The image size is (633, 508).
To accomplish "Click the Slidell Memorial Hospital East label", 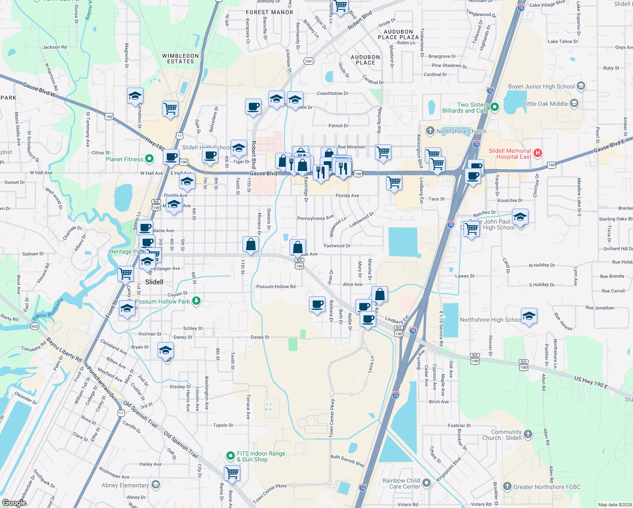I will click(510, 154).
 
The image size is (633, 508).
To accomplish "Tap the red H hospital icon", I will click(538, 153).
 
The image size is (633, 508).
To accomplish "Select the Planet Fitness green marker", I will click(149, 159).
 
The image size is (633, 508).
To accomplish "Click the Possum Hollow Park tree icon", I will click(196, 301).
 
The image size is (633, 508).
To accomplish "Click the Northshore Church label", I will click(461, 131).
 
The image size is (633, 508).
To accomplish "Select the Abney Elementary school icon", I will click(156, 485).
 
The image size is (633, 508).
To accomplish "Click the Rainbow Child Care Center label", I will click(401, 483).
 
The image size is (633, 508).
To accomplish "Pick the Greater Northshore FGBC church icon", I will click(508, 486).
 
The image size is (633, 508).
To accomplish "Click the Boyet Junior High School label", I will click(541, 86).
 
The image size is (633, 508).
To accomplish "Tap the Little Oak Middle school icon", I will click(574, 103).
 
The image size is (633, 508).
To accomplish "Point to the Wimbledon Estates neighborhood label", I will click(180, 58).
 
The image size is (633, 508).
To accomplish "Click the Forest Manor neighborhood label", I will click(270, 12).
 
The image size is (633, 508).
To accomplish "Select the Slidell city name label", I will click(154, 282).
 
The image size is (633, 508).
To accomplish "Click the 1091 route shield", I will click(309, 61).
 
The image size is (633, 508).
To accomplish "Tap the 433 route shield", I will click(35, 326).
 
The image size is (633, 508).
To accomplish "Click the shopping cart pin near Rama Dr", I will click(232, 472).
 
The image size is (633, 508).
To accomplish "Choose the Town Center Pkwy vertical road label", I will click(332, 418).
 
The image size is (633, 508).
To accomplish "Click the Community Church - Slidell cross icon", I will click(528, 434).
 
